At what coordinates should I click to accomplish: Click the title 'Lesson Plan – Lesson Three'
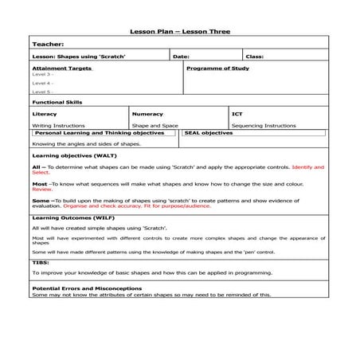click(x=179, y=32)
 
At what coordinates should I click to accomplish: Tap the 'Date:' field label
click(x=181, y=57)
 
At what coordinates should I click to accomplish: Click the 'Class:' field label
click(x=254, y=57)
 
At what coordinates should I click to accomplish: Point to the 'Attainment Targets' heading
click(x=62, y=68)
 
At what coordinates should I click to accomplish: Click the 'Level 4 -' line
click(x=43, y=83)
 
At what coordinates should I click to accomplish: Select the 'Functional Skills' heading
click(x=57, y=102)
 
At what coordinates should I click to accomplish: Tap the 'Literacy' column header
click(x=45, y=114)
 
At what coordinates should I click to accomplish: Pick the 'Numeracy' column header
click(x=147, y=114)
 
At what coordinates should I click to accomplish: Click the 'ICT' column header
click(x=237, y=114)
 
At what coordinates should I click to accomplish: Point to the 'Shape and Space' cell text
click(x=155, y=125)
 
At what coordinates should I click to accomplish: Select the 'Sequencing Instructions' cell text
click(x=264, y=125)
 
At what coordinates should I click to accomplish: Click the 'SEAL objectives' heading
click(x=209, y=133)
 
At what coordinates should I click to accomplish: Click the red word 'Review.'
click(x=42, y=190)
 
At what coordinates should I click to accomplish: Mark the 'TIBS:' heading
click(x=41, y=261)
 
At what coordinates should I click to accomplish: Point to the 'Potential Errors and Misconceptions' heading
click(x=87, y=288)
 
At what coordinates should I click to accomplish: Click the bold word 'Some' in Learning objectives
click(x=39, y=201)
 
